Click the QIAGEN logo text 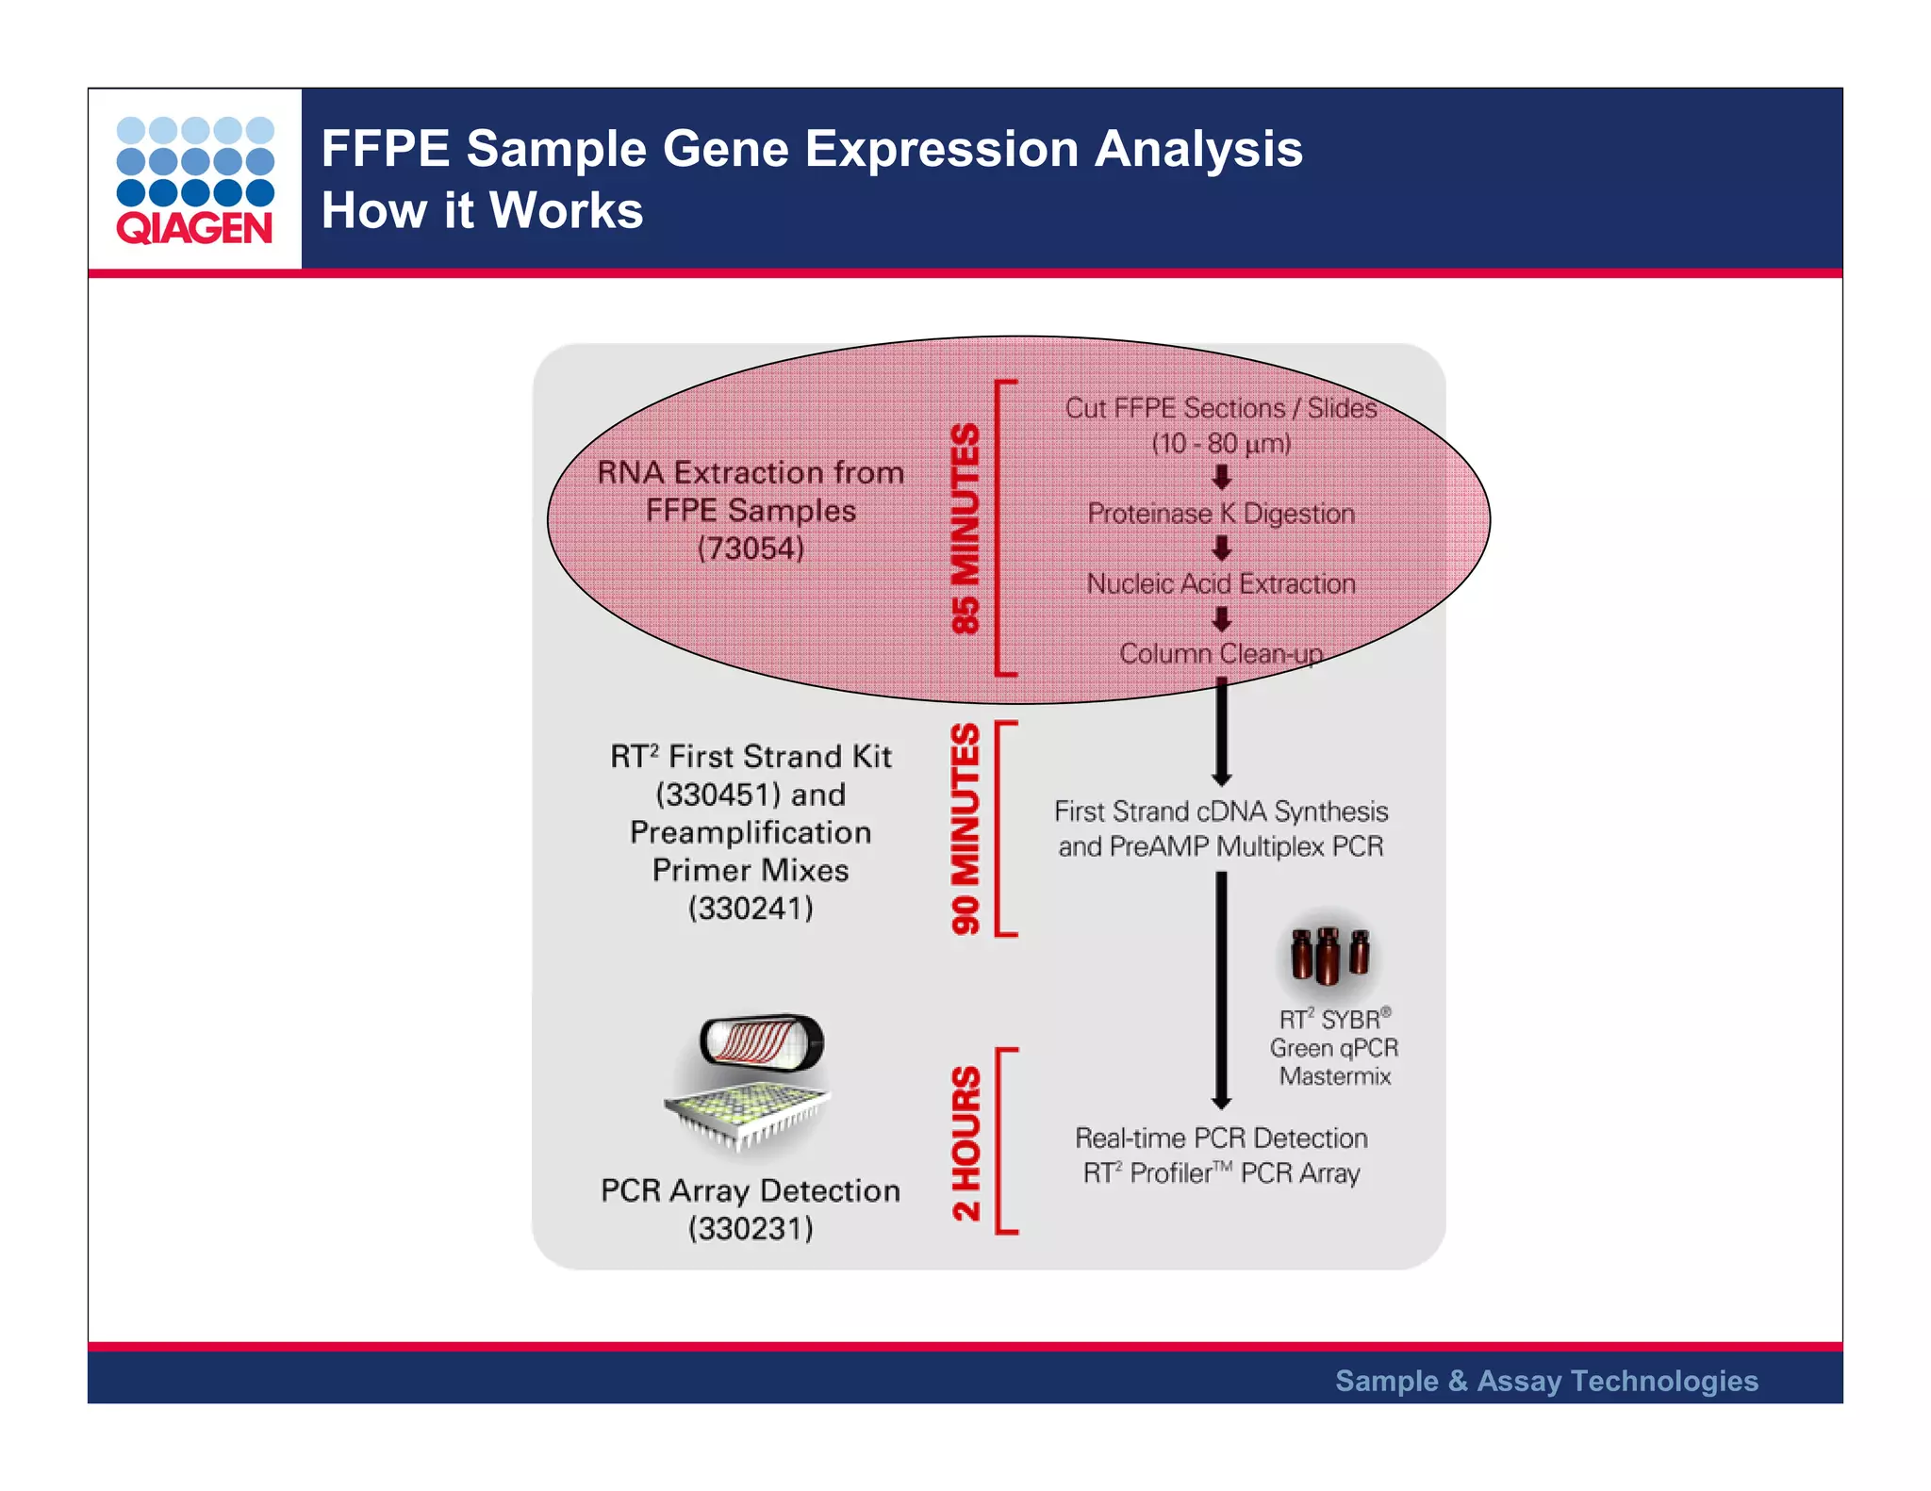click(x=194, y=229)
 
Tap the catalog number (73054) click(x=751, y=549)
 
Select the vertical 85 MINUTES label click(x=965, y=528)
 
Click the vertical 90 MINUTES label click(x=965, y=828)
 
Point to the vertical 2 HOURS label click(x=965, y=1142)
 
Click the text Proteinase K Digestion click(x=1221, y=514)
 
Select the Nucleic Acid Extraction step click(x=1221, y=584)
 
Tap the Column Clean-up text click(x=1221, y=654)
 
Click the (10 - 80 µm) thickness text click(x=1221, y=444)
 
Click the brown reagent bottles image click(x=1329, y=954)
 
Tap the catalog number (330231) click(x=751, y=1229)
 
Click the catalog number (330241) click(x=751, y=909)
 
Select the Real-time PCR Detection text click(x=1221, y=1139)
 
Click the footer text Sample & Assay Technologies click(x=1546, y=1381)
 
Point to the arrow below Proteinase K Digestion click(x=1222, y=549)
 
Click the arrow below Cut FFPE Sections click(x=1222, y=478)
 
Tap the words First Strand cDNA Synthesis click(x=1221, y=811)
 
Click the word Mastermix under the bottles click(x=1335, y=1076)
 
